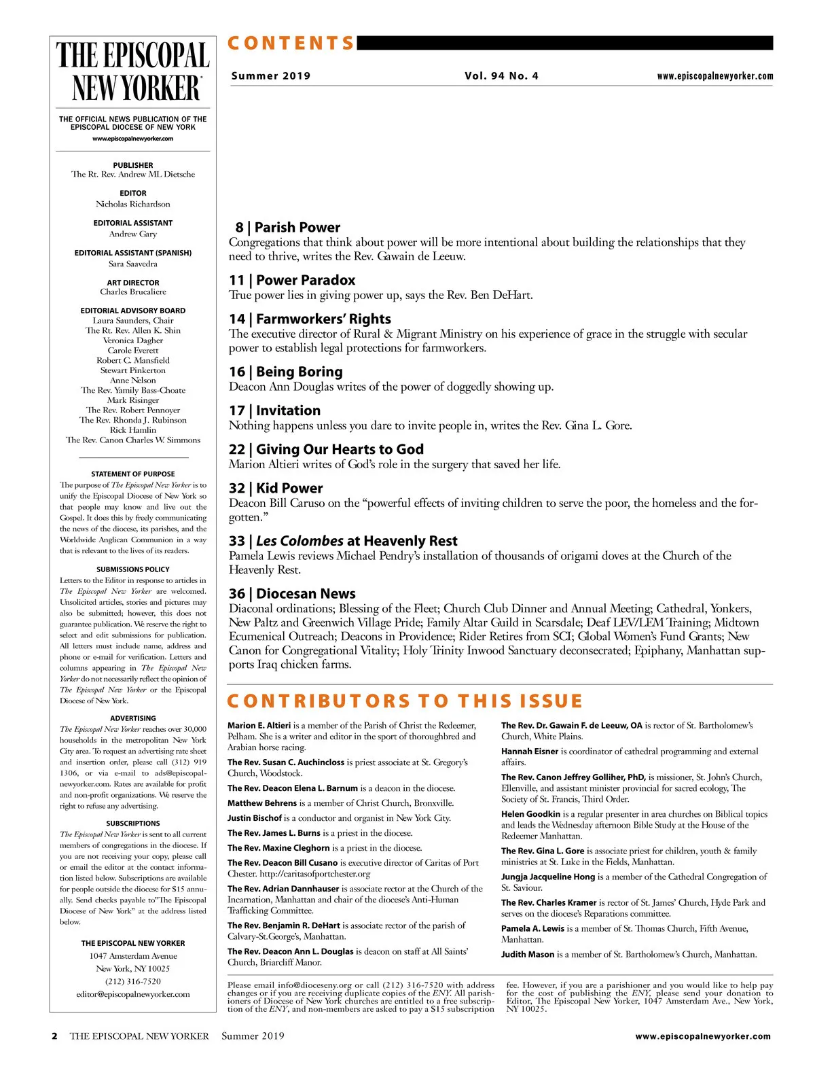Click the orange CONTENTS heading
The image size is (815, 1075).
(291, 43)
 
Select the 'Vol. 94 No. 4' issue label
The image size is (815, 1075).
(501, 76)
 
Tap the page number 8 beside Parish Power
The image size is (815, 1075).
(239, 228)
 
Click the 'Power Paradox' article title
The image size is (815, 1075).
(306, 280)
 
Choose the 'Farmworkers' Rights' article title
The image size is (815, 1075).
(323, 319)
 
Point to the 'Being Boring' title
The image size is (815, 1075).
(299, 372)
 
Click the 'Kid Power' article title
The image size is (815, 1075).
(289, 488)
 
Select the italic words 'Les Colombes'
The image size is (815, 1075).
(300, 541)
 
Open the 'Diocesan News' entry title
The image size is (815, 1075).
(306, 593)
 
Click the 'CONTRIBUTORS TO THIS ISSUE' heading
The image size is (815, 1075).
(405, 701)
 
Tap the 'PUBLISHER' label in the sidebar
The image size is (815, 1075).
(133, 165)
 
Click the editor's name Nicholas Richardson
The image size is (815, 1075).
(133, 204)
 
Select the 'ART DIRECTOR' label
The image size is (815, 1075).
(133, 283)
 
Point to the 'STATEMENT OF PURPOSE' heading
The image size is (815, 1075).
(133, 474)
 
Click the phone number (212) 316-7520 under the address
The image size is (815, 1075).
(133, 981)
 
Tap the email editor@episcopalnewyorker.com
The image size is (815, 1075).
(133, 994)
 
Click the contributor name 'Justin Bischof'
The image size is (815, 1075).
(254, 818)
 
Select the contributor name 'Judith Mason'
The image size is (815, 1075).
(528, 954)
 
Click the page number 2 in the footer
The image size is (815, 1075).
(54, 1036)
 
